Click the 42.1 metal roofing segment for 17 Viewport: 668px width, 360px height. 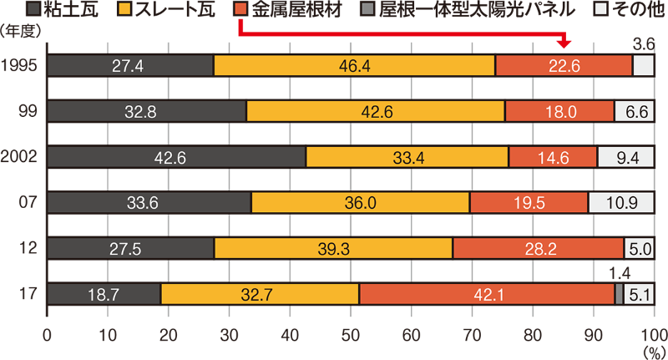pyautogui.click(x=487, y=293)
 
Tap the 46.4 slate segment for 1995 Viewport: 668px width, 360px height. pyautogui.click(x=355, y=66)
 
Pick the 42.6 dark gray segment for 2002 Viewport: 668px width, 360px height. pyautogui.click(x=177, y=157)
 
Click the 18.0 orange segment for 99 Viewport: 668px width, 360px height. pyautogui.click(x=559, y=111)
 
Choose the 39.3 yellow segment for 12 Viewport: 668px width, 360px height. pyautogui.click(x=334, y=248)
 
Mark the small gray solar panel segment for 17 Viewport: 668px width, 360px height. pyautogui.click(x=619, y=293)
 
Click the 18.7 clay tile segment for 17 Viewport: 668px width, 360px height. pyautogui.click(x=104, y=293)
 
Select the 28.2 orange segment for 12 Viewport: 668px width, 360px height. pyautogui.click(x=538, y=248)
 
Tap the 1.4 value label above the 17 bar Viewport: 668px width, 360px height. pyautogui.click(x=619, y=271)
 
